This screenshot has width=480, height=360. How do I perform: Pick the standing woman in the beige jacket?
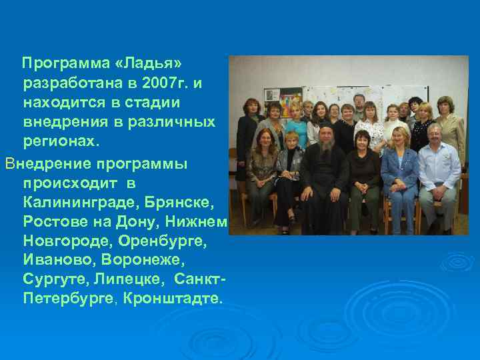pyautogui.click(x=449, y=127)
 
